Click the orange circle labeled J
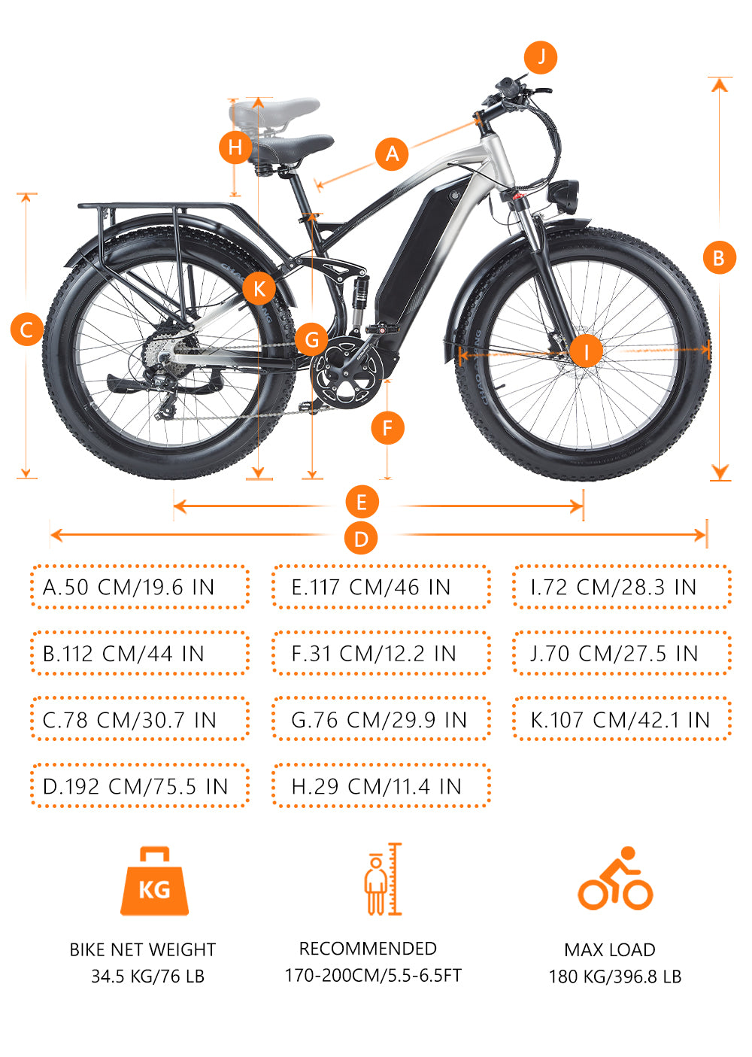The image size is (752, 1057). [541, 58]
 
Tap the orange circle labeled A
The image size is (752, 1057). [392, 153]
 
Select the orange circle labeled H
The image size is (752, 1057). [235, 147]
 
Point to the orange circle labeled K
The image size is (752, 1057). [259, 288]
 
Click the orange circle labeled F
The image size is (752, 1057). [387, 428]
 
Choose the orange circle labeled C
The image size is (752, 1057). [27, 329]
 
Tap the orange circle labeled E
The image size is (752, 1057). [362, 502]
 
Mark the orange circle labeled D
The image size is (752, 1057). [361, 538]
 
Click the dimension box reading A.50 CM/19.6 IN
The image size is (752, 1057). [140, 587]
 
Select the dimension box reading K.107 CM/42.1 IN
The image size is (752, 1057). [622, 719]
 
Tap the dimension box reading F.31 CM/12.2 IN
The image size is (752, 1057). [381, 653]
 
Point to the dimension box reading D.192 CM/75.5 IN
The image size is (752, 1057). [140, 785]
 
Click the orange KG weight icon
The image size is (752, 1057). [155, 882]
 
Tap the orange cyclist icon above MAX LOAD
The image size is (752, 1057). [615, 879]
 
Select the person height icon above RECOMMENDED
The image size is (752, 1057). [383, 879]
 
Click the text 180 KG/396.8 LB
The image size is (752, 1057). [614, 977]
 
